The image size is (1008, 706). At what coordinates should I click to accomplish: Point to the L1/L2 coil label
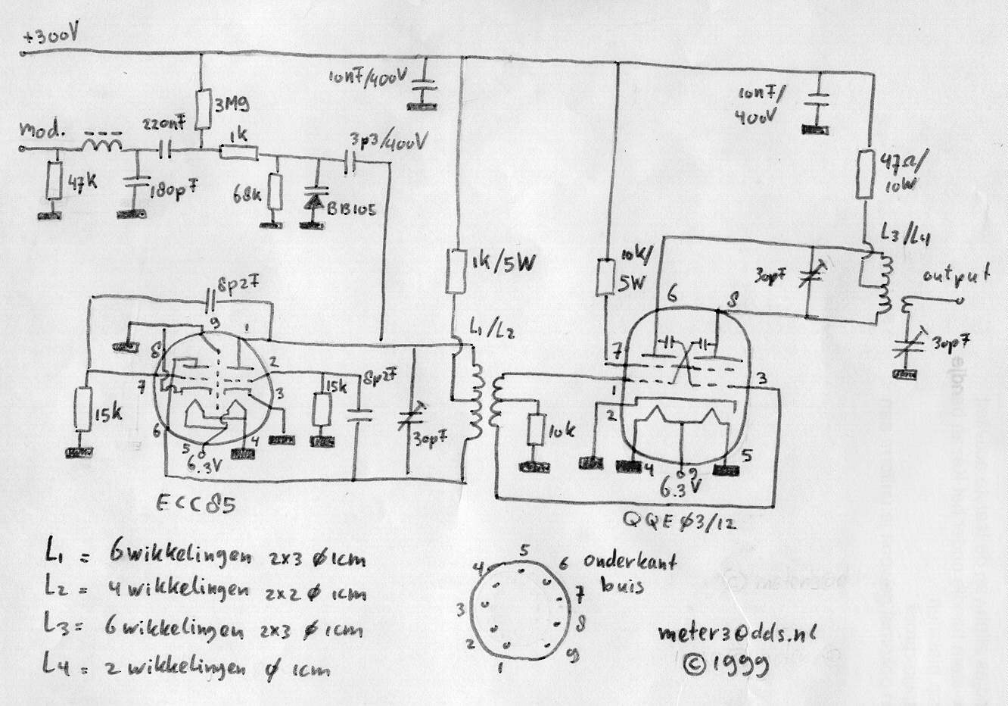pyautogui.click(x=496, y=331)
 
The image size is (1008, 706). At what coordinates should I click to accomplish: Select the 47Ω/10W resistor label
pyautogui.click(x=904, y=173)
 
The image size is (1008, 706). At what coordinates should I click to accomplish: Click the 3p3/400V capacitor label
pyautogui.click(x=388, y=142)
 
